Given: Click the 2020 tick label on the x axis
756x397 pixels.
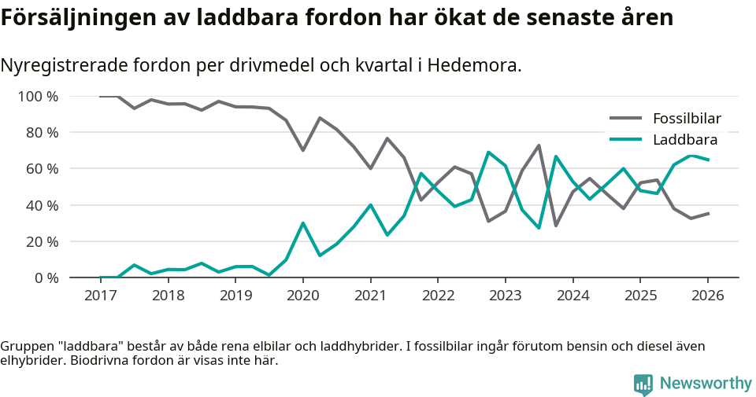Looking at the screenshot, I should coord(302,296).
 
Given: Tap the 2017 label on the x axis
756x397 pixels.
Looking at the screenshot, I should coord(100,296).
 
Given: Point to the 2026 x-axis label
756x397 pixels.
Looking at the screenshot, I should coord(706,296).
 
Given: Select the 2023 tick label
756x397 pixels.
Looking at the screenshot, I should coord(505,296).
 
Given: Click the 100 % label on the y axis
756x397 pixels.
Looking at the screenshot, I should coord(38,97).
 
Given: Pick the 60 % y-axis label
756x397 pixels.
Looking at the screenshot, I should coord(42,169).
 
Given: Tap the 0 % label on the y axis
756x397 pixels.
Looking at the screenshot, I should coord(46,278).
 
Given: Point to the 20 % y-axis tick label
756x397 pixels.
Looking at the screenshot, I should coord(42,242).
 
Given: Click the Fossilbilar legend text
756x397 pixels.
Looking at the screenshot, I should coord(687,119).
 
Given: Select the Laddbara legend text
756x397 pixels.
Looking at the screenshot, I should coord(684,140).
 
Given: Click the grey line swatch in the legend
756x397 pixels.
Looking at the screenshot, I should coord(626,119).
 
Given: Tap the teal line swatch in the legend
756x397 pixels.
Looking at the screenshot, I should coord(626,140).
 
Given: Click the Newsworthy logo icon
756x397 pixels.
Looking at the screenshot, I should coord(643,384).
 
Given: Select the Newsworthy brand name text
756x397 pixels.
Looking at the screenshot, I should coord(706,384).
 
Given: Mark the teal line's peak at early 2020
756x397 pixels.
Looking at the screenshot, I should coord(302,223).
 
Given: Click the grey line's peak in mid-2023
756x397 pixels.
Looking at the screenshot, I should coord(539,145).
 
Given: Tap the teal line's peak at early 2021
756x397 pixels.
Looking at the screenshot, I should coord(370,205).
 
